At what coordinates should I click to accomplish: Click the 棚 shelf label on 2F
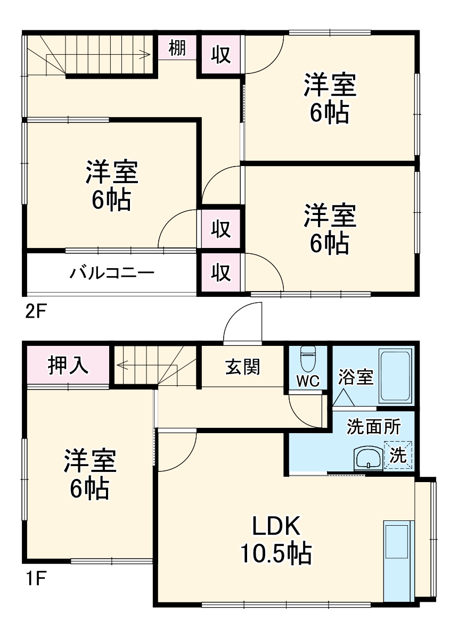click(177, 48)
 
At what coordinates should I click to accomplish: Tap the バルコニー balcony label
click(112, 274)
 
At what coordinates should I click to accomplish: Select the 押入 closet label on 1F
click(68, 367)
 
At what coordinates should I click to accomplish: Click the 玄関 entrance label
click(242, 367)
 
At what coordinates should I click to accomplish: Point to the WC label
click(308, 381)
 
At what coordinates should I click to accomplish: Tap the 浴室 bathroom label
click(355, 377)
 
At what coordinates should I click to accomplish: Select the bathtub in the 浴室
click(396, 376)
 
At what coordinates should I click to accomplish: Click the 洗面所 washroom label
click(374, 427)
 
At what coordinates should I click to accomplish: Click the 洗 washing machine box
click(398, 455)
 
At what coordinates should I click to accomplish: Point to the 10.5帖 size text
click(276, 555)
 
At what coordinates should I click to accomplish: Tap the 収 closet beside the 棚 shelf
click(221, 54)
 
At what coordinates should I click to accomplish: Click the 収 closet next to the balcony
click(221, 273)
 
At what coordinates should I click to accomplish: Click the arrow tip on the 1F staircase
click(119, 365)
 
